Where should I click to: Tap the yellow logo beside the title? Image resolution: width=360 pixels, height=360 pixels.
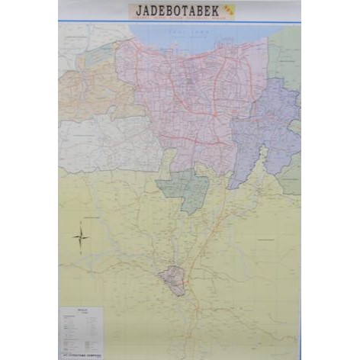point(228,10)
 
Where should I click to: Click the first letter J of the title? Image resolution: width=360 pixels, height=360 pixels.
point(140,11)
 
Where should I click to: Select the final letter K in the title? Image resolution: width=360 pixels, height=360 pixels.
point(216,11)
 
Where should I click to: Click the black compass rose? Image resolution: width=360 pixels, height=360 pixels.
point(82,237)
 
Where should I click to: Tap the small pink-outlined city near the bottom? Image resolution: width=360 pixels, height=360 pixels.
point(173,280)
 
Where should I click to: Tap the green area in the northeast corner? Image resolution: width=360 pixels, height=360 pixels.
point(285,53)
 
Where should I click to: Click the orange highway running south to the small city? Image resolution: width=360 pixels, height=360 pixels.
point(200,244)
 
